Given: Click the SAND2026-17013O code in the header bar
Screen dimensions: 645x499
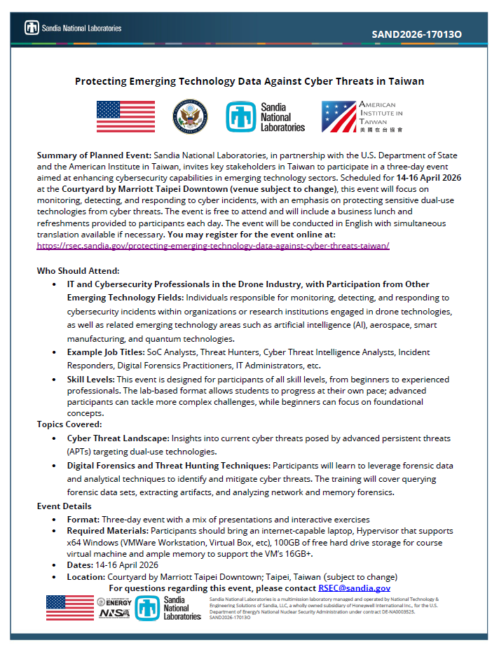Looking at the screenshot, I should [416, 33].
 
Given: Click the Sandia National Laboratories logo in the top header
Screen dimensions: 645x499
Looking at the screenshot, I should [73, 28].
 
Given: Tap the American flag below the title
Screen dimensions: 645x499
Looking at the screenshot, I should [125, 116].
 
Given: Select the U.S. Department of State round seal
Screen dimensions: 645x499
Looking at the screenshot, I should [190, 116].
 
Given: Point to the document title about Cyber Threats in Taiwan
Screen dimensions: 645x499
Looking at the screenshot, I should [249, 81].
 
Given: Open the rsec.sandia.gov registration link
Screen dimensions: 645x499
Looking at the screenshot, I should [212, 247].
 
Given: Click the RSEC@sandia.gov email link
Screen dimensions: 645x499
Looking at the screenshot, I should [354, 588].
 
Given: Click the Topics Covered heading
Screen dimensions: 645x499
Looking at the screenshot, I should [69, 424].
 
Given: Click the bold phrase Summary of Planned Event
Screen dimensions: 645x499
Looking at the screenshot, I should [94, 154].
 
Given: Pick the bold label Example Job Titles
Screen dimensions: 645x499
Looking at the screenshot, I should [105, 352].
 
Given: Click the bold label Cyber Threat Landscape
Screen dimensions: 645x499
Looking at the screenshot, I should [118, 438].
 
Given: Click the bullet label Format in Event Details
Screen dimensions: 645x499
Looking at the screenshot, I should [83, 519].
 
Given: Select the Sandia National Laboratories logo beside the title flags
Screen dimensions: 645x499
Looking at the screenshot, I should [265, 117].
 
